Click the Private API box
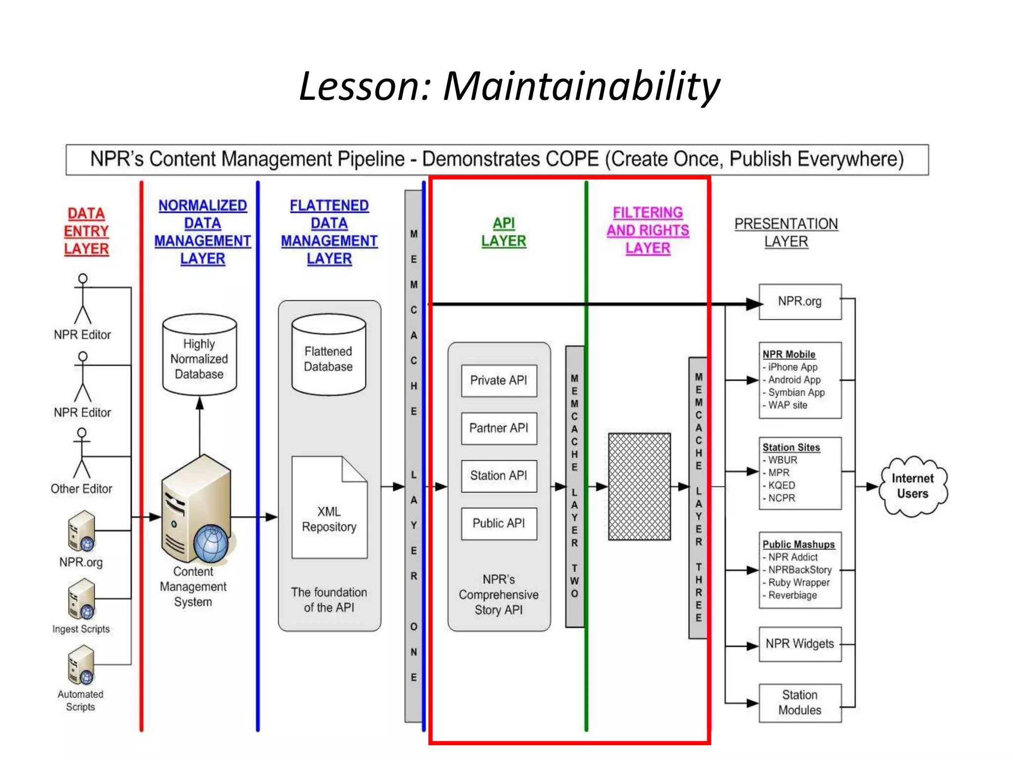point(499,380)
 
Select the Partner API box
point(499,428)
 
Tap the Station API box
point(499,475)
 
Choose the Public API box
point(499,523)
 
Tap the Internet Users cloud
point(913,486)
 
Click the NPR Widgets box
point(800,644)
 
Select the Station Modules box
point(800,703)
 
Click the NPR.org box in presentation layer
point(800,301)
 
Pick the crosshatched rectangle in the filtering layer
point(639,486)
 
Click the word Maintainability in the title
point(581,86)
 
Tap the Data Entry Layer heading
point(86,231)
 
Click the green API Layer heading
point(504,232)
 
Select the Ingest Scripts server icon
point(82,600)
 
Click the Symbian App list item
point(796,392)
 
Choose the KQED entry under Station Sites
point(782,485)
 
